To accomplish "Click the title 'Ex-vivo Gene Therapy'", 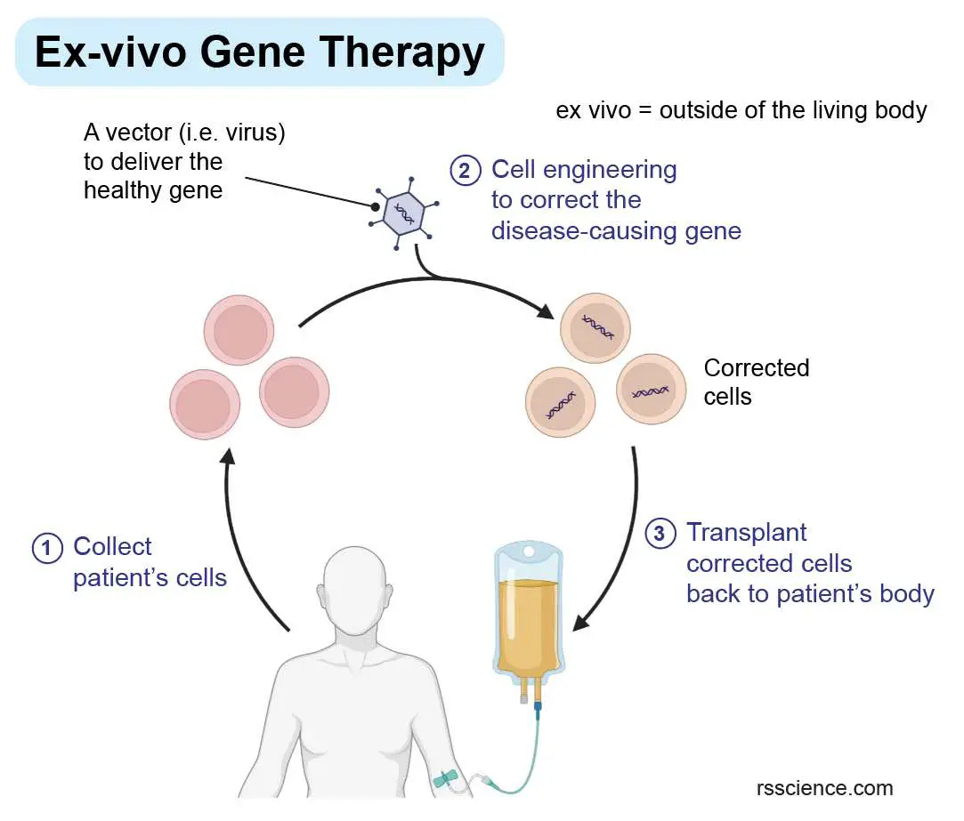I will click(259, 52).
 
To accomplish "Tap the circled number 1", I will click(46, 547).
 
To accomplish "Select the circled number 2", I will click(465, 170).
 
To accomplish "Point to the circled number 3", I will click(659, 534).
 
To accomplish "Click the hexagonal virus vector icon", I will click(405, 213).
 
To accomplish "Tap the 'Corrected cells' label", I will click(756, 382).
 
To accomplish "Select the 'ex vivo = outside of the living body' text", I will click(741, 110).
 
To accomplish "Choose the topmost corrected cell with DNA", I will click(595, 328).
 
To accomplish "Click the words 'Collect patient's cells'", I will click(149, 562).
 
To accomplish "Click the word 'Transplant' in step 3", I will click(746, 533).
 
